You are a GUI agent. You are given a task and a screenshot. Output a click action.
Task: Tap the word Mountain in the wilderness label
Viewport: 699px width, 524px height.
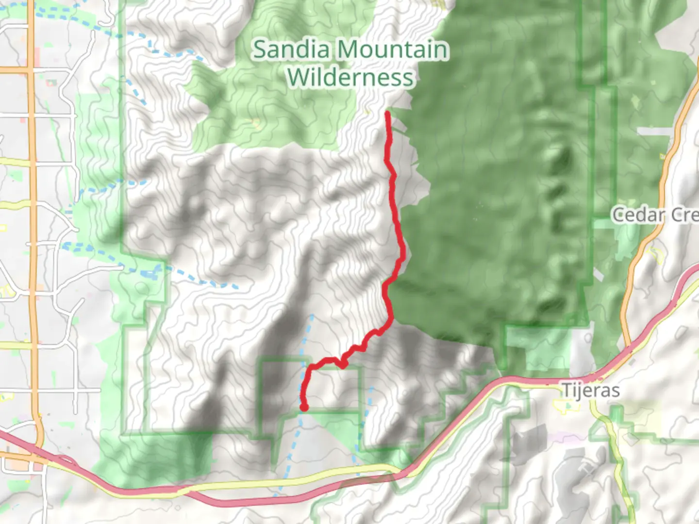[x=392, y=49]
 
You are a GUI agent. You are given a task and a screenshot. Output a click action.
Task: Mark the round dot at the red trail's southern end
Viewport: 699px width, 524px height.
[x=304, y=407]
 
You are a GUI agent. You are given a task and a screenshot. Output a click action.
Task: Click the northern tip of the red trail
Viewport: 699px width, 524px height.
[x=387, y=114]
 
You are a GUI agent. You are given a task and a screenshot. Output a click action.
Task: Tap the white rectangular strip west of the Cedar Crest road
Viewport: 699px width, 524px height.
[x=653, y=131]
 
